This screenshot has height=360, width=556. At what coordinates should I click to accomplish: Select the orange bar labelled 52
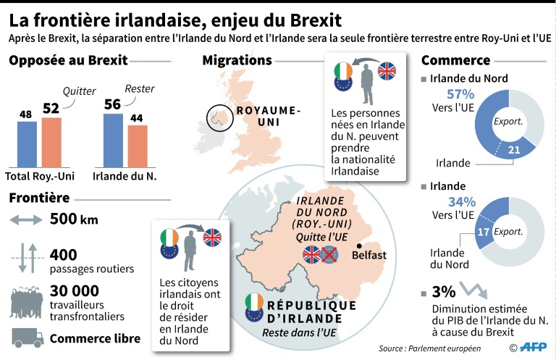point(51,141)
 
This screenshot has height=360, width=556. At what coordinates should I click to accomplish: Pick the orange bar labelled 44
point(138,146)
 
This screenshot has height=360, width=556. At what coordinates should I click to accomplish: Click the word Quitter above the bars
point(77,91)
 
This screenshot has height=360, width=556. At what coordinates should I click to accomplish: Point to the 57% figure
point(460,93)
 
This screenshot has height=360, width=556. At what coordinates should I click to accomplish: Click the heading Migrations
point(237,60)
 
